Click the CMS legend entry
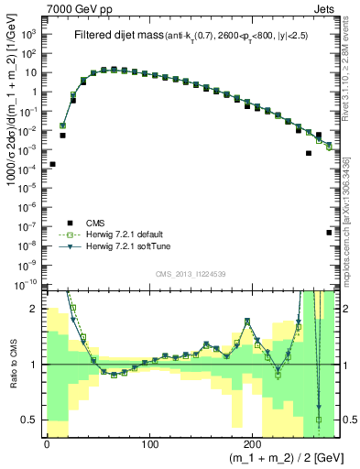(96, 222)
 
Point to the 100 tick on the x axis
(150, 444)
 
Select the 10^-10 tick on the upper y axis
(27, 286)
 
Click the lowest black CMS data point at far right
(328, 233)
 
